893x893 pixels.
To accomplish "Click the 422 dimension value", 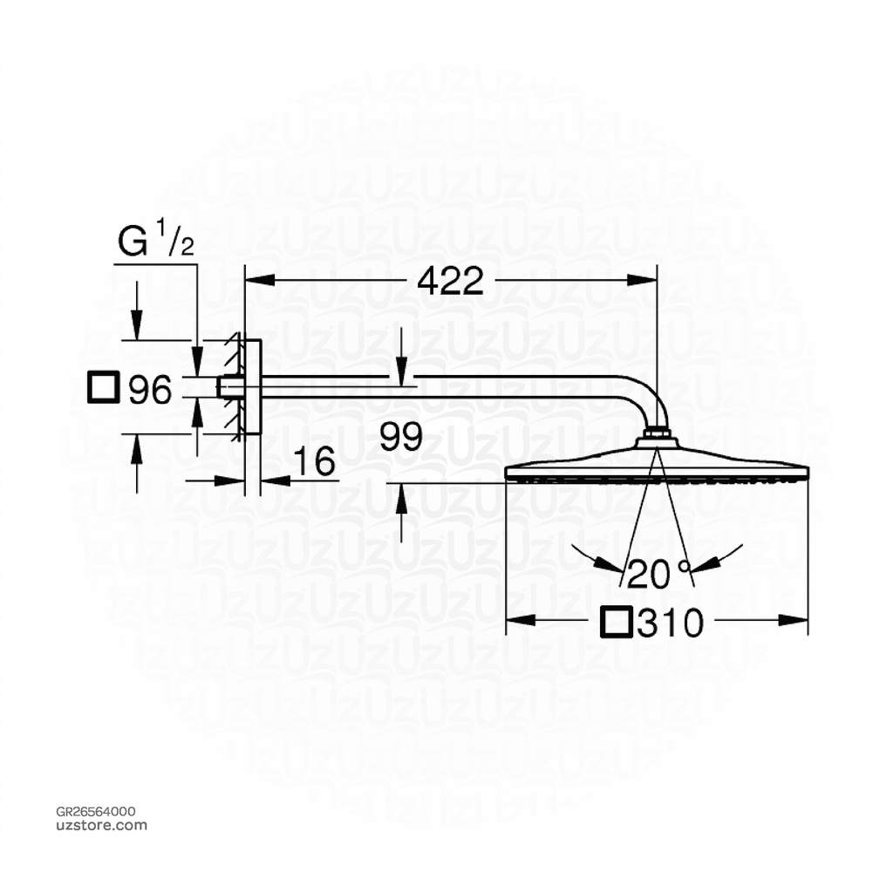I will pos(450,280).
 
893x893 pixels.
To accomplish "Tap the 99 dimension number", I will pos(401,437).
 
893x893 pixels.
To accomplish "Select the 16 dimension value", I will pos(314,463).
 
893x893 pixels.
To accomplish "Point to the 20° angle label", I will pos(656,574).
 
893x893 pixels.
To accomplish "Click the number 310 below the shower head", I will pos(669,623).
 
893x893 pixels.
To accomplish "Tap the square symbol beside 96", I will pos(103,387).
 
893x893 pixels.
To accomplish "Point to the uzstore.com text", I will pos(101,825).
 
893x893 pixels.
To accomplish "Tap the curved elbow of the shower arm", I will pos(651,398).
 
